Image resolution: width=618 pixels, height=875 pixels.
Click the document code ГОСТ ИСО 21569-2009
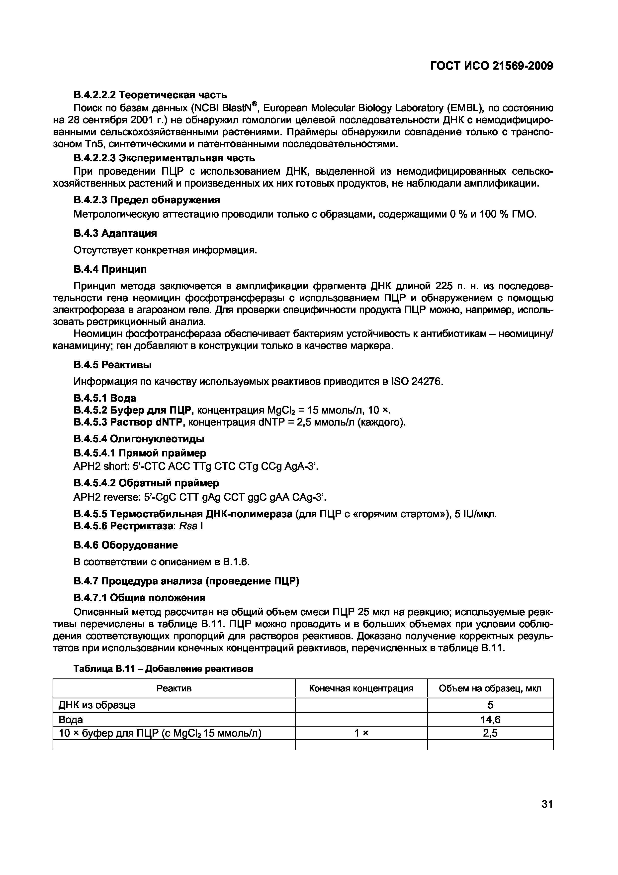coord(491,66)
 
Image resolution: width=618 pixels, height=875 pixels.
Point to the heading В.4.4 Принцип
coord(110,269)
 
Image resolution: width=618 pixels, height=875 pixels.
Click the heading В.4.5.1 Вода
coord(105,398)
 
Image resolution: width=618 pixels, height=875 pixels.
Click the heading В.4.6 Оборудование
coord(126,545)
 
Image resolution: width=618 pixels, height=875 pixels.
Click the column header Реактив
coord(174,688)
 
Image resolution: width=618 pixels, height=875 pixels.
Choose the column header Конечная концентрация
coord(360,688)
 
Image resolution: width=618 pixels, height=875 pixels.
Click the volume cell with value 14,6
coord(490,720)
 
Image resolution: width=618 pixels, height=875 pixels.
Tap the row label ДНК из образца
coord(97,705)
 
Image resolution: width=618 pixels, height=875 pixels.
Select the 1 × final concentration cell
coord(360,733)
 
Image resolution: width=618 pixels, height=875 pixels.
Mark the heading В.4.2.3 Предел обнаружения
coord(147,200)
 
